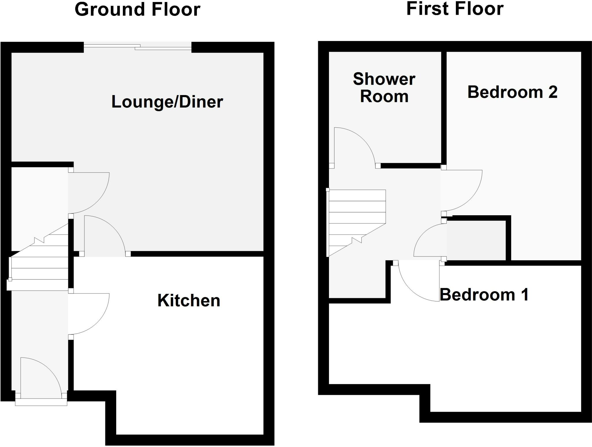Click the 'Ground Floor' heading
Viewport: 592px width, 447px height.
[137, 10]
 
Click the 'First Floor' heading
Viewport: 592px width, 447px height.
[455, 9]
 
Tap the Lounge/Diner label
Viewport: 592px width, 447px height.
[167, 102]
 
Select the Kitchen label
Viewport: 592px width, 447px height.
[189, 301]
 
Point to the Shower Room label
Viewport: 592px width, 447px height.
[384, 87]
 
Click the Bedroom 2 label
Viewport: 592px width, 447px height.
[512, 92]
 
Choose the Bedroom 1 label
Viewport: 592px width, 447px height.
[484, 295]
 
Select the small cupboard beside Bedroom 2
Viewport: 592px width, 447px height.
[476, 240]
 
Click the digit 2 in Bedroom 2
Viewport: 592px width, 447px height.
[552, 92]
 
